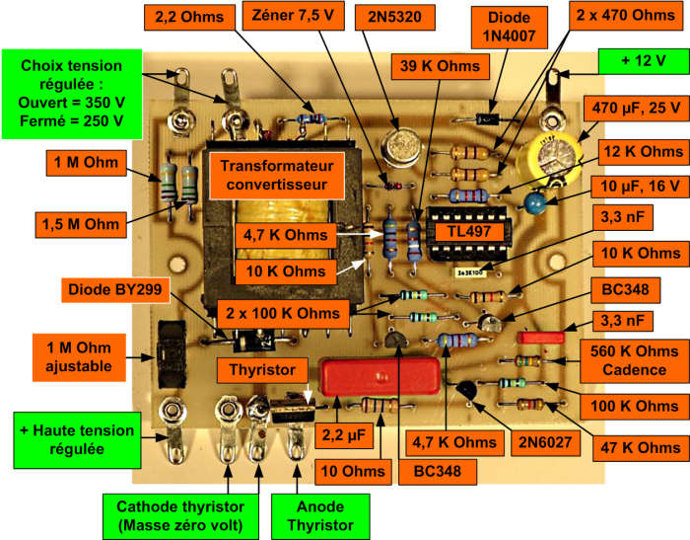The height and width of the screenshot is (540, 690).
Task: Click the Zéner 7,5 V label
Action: tap(293, 16)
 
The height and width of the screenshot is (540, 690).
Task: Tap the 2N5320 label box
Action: tap(394, 17)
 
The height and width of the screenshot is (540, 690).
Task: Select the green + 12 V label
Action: tap(644, 61)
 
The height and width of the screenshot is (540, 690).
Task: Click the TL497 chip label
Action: tap(469, 232)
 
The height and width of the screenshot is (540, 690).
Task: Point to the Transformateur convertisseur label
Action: tap(277, 176)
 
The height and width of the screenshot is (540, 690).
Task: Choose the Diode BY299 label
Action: tap(115, 289)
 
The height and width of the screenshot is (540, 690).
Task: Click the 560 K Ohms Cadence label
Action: tap(634, 360)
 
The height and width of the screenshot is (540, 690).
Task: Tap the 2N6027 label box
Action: tap(545, 442)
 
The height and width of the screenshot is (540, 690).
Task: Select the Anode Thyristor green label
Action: tap(320, 516)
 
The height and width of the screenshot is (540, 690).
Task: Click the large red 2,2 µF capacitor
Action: tap(381, 375)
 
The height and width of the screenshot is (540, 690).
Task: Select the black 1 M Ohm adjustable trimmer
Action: tap(172, 354)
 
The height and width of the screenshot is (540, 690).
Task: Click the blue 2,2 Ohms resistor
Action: tap(311, 118)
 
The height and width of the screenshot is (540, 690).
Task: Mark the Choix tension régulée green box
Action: tap(72, 94)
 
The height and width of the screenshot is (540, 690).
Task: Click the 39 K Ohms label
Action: tap(440, 66)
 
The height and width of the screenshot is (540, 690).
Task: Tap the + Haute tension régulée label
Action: tap(78, 440)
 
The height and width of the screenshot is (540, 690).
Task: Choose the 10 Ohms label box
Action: tap(353, 472)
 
